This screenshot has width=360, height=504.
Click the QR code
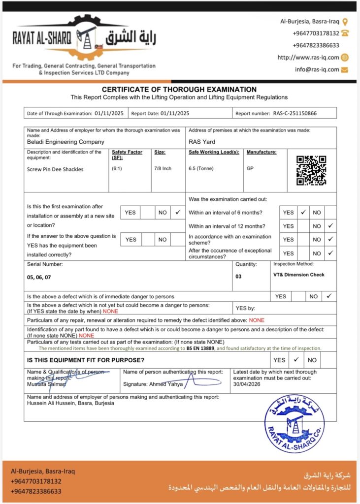311,170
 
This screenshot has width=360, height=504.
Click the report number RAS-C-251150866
295,113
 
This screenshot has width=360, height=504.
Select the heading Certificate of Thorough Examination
179,90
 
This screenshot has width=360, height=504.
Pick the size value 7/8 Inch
163,168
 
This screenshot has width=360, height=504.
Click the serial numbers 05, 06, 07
39,277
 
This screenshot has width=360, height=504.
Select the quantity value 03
238,276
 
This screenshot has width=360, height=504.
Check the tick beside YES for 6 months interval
303,213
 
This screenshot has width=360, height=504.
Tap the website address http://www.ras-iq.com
308,57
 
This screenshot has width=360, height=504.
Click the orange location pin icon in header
345,22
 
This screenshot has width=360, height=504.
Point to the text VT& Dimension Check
299,275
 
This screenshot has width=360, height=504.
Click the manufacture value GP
250,168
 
